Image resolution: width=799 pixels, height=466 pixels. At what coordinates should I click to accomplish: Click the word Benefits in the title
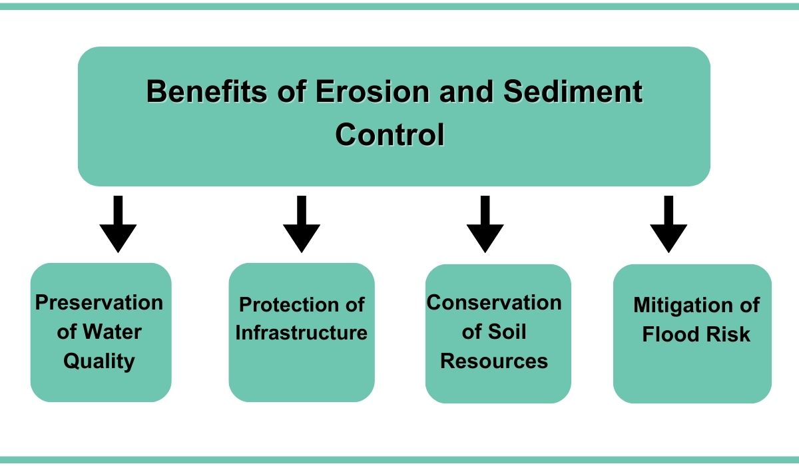(206, 91)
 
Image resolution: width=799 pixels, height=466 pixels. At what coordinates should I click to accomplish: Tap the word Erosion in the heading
(372, 91)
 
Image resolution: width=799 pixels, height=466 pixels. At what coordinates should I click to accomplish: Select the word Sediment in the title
(573, 91)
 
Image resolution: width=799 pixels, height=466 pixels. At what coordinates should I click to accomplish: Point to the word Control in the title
(390, 134)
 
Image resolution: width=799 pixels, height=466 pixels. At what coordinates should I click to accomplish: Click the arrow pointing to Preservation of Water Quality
(118, 224)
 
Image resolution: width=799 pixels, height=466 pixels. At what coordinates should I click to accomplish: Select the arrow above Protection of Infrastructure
(302, 224)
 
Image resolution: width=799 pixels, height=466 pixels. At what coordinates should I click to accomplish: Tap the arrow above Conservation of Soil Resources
(485, 224)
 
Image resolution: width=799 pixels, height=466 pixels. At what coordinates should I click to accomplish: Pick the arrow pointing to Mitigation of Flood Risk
(668, 224)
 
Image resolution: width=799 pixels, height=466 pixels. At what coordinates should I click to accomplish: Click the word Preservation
(99, 303)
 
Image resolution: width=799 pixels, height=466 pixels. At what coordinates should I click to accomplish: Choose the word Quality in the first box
(99, 361)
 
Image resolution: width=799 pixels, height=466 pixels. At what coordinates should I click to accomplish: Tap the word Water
(113, 332)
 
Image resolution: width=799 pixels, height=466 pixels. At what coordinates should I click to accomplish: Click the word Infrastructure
(302, 333)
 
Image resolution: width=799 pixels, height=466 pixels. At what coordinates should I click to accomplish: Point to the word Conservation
(494, 303)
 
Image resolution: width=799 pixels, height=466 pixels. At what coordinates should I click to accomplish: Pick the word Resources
(494, 361)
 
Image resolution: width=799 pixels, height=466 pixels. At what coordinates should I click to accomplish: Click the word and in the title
(467, 91)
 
